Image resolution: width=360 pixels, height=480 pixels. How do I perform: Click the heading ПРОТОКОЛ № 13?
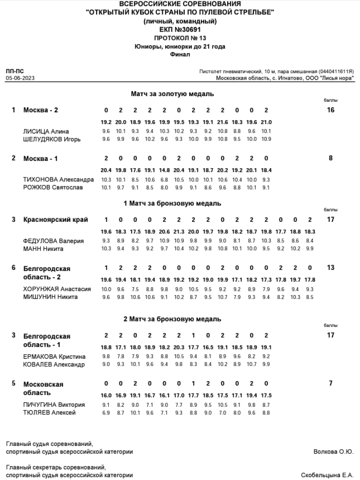180,38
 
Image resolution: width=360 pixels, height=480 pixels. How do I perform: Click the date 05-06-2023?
20,78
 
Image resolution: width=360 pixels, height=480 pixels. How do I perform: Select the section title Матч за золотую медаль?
172,94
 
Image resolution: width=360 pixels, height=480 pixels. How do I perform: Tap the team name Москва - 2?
40,110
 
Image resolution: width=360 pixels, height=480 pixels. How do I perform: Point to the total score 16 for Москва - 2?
330,110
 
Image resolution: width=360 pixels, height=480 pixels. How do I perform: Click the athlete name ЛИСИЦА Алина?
46,131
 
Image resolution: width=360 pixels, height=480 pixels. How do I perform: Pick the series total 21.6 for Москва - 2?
222,123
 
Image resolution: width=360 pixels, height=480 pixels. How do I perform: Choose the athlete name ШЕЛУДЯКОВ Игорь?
52,139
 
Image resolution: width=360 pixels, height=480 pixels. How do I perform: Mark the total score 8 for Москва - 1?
330,158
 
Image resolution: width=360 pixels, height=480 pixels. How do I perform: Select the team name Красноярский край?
56,219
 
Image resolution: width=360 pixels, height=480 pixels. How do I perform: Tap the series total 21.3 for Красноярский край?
179,232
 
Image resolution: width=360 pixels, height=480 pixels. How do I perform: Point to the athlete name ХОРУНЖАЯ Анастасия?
57,289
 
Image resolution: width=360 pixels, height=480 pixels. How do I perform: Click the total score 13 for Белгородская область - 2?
330,267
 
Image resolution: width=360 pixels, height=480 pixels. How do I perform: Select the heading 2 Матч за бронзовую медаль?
172,319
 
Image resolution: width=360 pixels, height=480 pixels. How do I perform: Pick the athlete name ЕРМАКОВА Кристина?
54,357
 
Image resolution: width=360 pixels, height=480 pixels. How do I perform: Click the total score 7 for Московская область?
330,383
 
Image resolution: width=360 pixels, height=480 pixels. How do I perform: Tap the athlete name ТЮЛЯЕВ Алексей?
49,413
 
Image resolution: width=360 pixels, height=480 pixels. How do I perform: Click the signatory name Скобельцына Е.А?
327,475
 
